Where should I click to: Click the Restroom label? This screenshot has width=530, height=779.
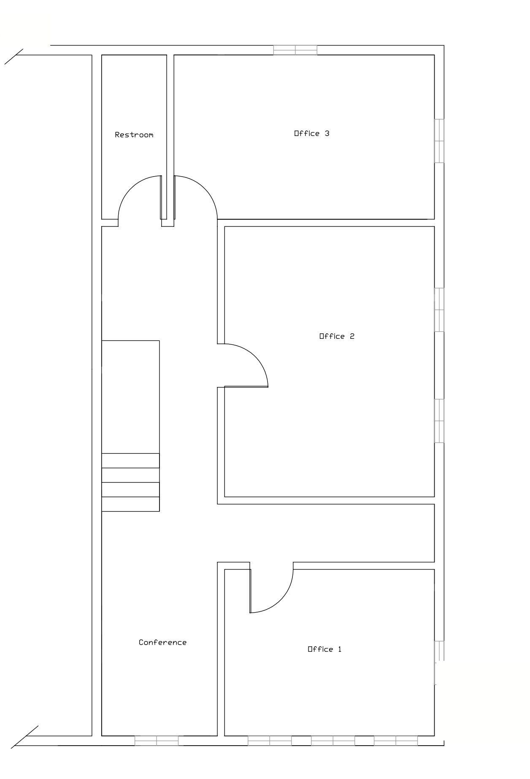(x=134, y=135)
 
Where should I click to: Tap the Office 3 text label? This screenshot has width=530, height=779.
(x=311, y=133)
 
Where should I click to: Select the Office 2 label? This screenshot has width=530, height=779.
(x=337, y=336)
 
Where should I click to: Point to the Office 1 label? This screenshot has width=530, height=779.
(x=324, y=649)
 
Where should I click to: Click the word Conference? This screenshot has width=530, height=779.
(x=162, y=643)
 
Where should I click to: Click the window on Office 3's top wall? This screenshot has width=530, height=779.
(x=295, y=50)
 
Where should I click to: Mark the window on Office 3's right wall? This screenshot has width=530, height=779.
(x=439, y=141)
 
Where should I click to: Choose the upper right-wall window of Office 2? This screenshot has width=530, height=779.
(x=439, y=310)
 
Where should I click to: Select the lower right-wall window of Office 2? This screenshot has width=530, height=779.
(x=439, y=421)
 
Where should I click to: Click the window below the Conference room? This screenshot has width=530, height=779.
(x=157, y=741)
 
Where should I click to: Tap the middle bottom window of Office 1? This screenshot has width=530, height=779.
(x=333, y=741)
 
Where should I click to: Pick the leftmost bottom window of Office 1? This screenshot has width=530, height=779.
(x=270, y=741)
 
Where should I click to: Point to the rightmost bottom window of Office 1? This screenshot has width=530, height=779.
(x=396, y=741)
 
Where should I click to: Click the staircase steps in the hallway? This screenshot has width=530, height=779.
(x=130, y=482)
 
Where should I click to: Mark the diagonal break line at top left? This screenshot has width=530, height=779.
(x=14, y=57)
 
